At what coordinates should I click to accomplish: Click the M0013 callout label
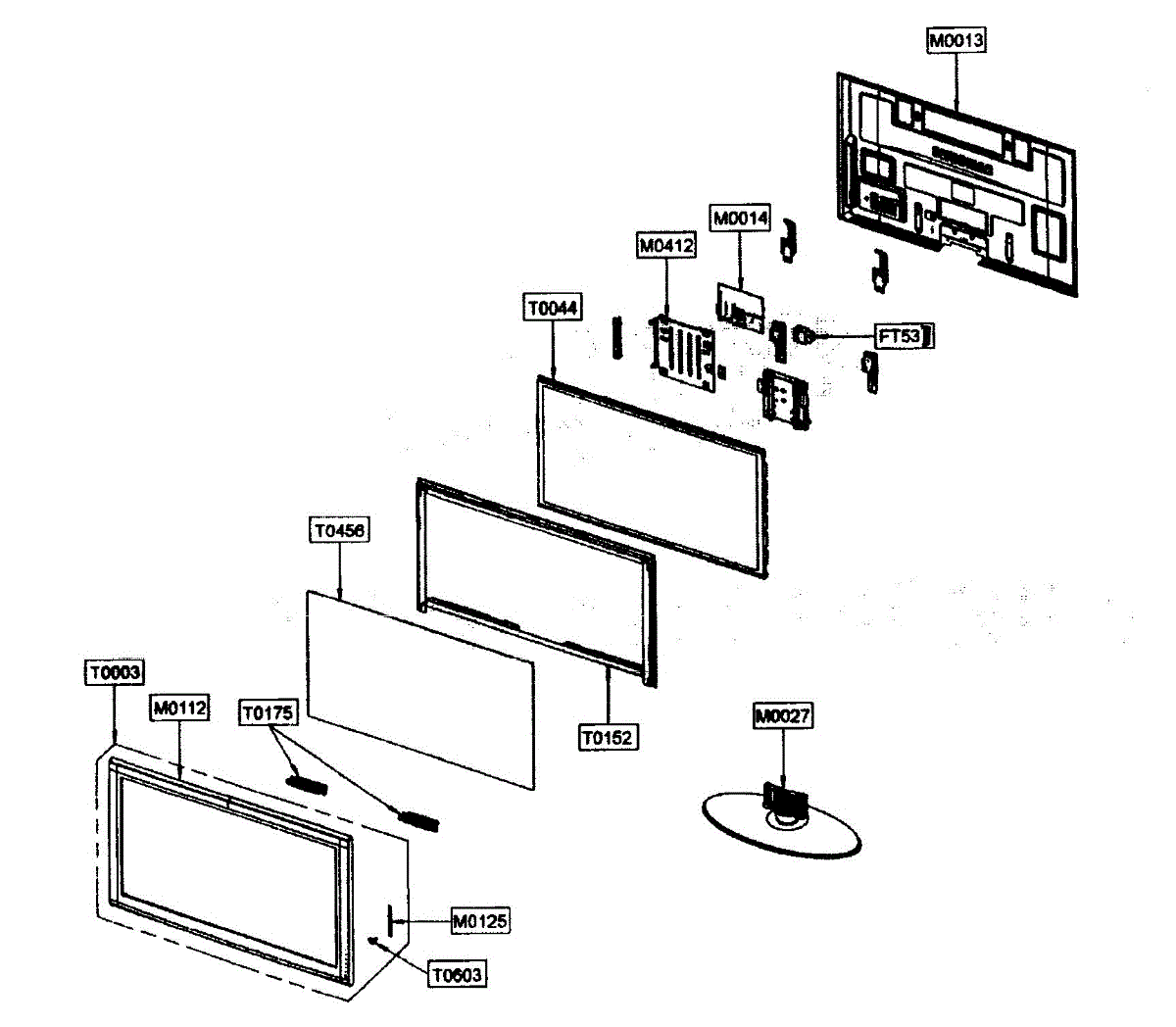956,40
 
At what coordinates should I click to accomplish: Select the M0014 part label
740,219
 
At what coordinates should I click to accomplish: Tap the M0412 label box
666,246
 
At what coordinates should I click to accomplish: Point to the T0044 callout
553,308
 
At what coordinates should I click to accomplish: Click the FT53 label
900,337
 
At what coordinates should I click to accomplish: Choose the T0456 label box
339,530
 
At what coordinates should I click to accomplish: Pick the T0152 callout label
608,737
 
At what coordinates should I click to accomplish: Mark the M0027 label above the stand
783,715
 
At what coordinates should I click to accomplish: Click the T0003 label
116,673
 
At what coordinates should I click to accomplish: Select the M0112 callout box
180,708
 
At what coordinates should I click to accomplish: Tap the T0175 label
268,713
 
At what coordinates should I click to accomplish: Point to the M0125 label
480,921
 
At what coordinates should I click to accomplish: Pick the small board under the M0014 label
740,308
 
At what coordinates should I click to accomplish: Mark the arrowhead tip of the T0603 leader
370,940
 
